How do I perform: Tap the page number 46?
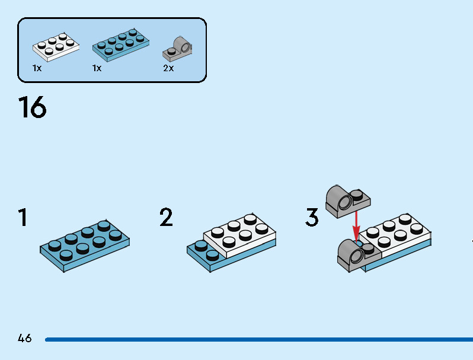[24, 339]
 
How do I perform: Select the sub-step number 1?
[23, 218]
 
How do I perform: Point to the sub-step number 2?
[166, 218]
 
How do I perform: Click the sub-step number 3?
[312, 218]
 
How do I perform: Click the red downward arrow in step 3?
[356, 225]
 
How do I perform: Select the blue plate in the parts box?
[120, 44]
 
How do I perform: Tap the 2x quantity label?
[168, 68]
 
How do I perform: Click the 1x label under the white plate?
[37, 68]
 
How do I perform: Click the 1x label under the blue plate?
[97, 68]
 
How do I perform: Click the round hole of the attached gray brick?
[356, 256]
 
